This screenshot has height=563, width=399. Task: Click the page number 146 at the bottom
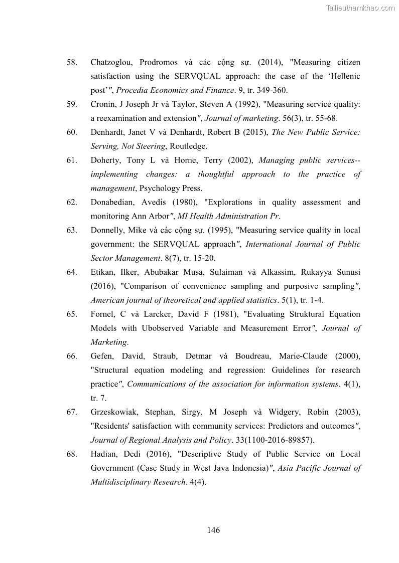(x=213, y=530)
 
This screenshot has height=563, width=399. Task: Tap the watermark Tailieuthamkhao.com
(x=360, y=8)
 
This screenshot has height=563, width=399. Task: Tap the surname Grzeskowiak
(x=115, y=412)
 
